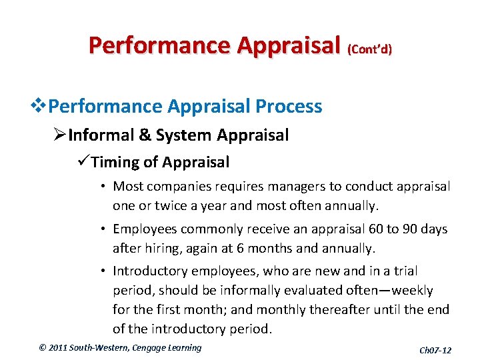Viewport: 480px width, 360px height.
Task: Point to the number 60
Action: [376, 229]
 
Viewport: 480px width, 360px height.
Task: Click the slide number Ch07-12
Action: [435, 350]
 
